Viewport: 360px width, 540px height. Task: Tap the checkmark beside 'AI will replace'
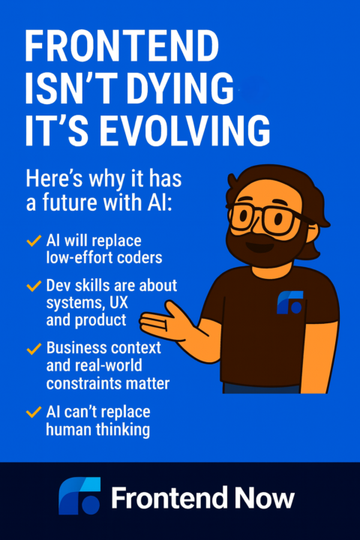tap(33, 241)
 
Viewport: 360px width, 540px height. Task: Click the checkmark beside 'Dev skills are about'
tap(33, 286)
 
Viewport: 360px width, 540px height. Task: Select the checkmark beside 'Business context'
tap(33, 349)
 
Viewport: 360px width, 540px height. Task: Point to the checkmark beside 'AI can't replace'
tap(33, 412)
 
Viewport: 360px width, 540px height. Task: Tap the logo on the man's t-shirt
tap(289, 301)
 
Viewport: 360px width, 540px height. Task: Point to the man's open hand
tap(165, 323)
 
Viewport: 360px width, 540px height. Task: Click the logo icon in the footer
tap(79, 496)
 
